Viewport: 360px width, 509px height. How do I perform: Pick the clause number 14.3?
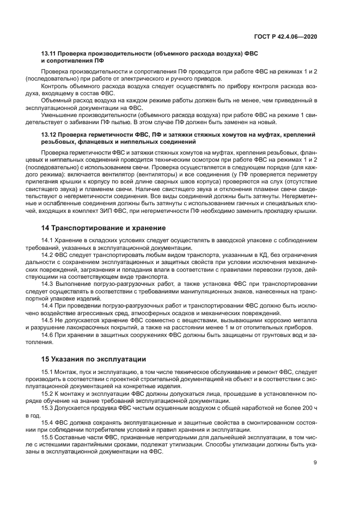tap(47, 283)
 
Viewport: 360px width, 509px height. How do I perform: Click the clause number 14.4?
tap(47, 304)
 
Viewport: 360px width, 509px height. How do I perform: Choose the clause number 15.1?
tap(47, 371)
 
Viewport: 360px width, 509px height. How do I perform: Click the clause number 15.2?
tap(47, 393)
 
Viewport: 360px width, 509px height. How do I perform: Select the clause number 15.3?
tap(47, 407)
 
